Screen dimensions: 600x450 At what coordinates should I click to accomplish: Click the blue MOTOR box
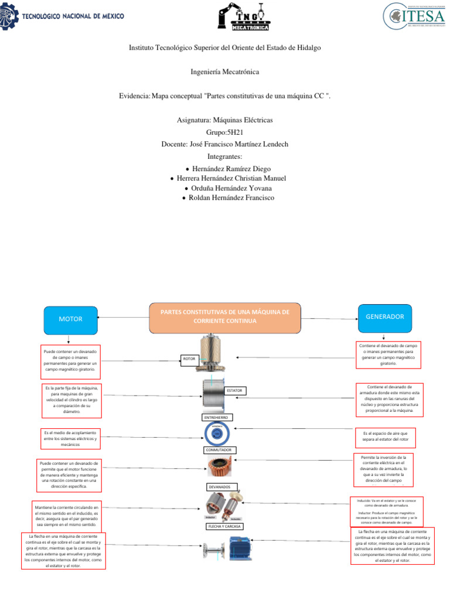(70, 319)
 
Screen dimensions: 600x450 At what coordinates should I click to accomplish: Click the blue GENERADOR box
(384, 316)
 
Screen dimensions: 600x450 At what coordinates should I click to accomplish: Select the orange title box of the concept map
(225, 317)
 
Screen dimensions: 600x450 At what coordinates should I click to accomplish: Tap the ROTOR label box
(189, 358)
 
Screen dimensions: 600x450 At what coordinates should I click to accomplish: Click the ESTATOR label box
(234, 390)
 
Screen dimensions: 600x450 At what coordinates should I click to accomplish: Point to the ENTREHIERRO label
(217, 417)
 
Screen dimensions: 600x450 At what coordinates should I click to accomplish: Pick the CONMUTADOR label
(220, 450)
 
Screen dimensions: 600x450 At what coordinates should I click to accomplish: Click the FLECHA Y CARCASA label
(224, 526)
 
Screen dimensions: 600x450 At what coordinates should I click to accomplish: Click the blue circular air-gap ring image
(217, 433)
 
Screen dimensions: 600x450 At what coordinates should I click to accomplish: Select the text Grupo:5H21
(224, 132)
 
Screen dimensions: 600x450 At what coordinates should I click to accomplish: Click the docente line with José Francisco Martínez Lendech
(224, 144)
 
